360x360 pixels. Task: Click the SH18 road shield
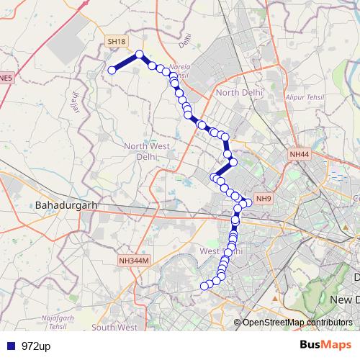(x=116, y=42)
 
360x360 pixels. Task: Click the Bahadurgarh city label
(x=66, y=205)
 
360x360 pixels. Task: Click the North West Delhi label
(x=145, y=151)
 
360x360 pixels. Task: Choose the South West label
(x=114, y=328)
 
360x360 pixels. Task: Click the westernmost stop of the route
(x=112, y=70)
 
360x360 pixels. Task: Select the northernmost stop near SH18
(x=140, y=54)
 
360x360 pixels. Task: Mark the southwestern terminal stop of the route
(x=204, y=286)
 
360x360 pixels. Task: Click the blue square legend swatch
(x=9, y=346)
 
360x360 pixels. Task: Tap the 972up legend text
(x=36, y=346)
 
